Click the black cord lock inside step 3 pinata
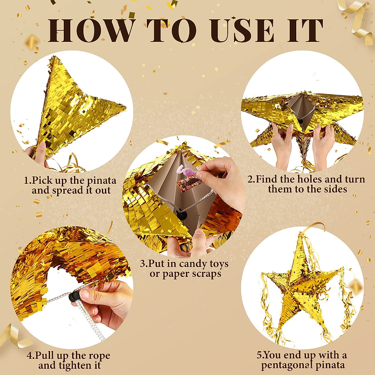click(181, 215)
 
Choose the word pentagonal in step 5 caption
click(288, 365)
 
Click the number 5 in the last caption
click(259, 355)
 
